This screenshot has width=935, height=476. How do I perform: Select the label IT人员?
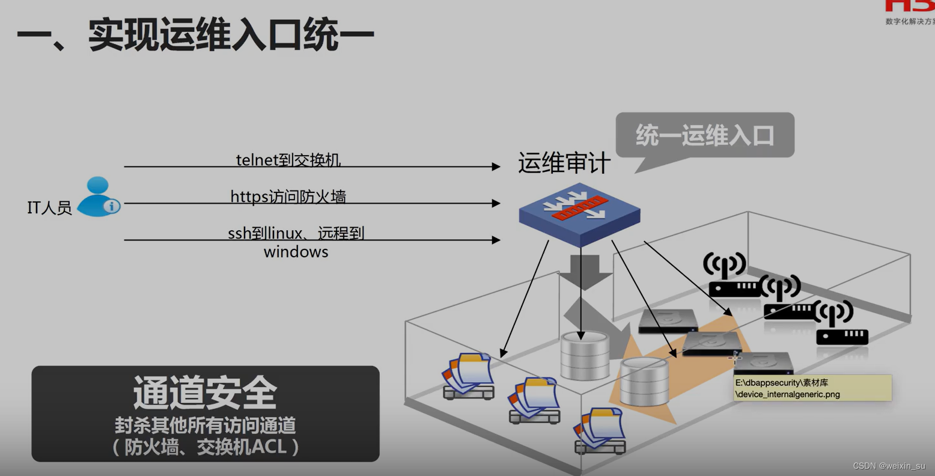coord(49,208)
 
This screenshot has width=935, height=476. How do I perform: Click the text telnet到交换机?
coord(288,160)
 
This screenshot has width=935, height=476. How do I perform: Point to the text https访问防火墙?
coord(288,197)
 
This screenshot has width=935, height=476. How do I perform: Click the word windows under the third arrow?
coord(296,251)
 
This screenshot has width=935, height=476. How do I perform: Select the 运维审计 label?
coord(564,163)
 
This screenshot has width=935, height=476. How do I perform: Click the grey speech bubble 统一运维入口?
coord(705,135)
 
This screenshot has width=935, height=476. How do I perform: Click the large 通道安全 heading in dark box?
coord(205,393)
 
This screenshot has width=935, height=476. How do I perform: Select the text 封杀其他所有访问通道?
coord(205,426)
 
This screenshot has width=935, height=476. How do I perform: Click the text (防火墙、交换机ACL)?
coord(205,447)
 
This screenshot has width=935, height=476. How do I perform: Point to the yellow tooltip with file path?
coord(812,388)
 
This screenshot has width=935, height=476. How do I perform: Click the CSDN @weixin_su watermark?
coord(889,466)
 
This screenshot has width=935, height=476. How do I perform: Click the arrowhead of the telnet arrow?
coord(496,166)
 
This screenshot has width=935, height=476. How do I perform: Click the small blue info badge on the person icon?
coord(112,206)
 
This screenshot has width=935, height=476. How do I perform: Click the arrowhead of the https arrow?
coord(496,203)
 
